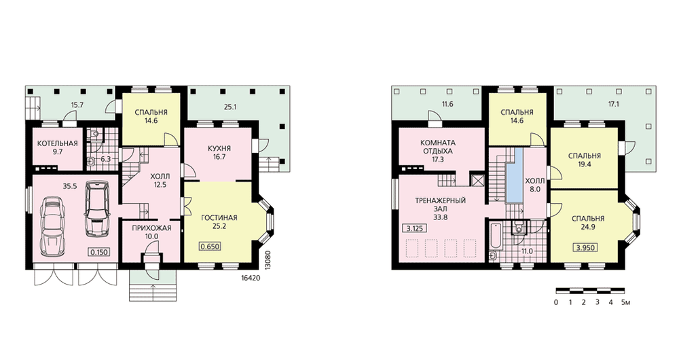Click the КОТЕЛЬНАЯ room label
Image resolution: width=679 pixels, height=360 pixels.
click(57, 143)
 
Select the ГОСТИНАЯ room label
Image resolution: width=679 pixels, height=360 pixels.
click(219, 217)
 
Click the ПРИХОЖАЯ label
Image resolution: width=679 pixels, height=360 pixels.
click(151, 228)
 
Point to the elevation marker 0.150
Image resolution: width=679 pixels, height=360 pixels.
click(98, 252)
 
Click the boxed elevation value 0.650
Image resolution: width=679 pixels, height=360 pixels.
click(210, 247)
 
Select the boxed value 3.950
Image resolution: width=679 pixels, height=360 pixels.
click(585, 248)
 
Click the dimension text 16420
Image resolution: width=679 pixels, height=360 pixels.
click(251, 278)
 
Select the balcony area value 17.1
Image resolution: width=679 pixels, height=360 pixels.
click(614, 104)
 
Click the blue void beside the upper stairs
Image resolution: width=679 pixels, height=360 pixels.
click(514, 177)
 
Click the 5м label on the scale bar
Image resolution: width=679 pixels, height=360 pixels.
click(626, 302)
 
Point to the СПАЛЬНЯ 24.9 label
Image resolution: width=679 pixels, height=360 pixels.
click(587, 222)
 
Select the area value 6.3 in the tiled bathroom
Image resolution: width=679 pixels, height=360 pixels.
click(106, 159)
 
